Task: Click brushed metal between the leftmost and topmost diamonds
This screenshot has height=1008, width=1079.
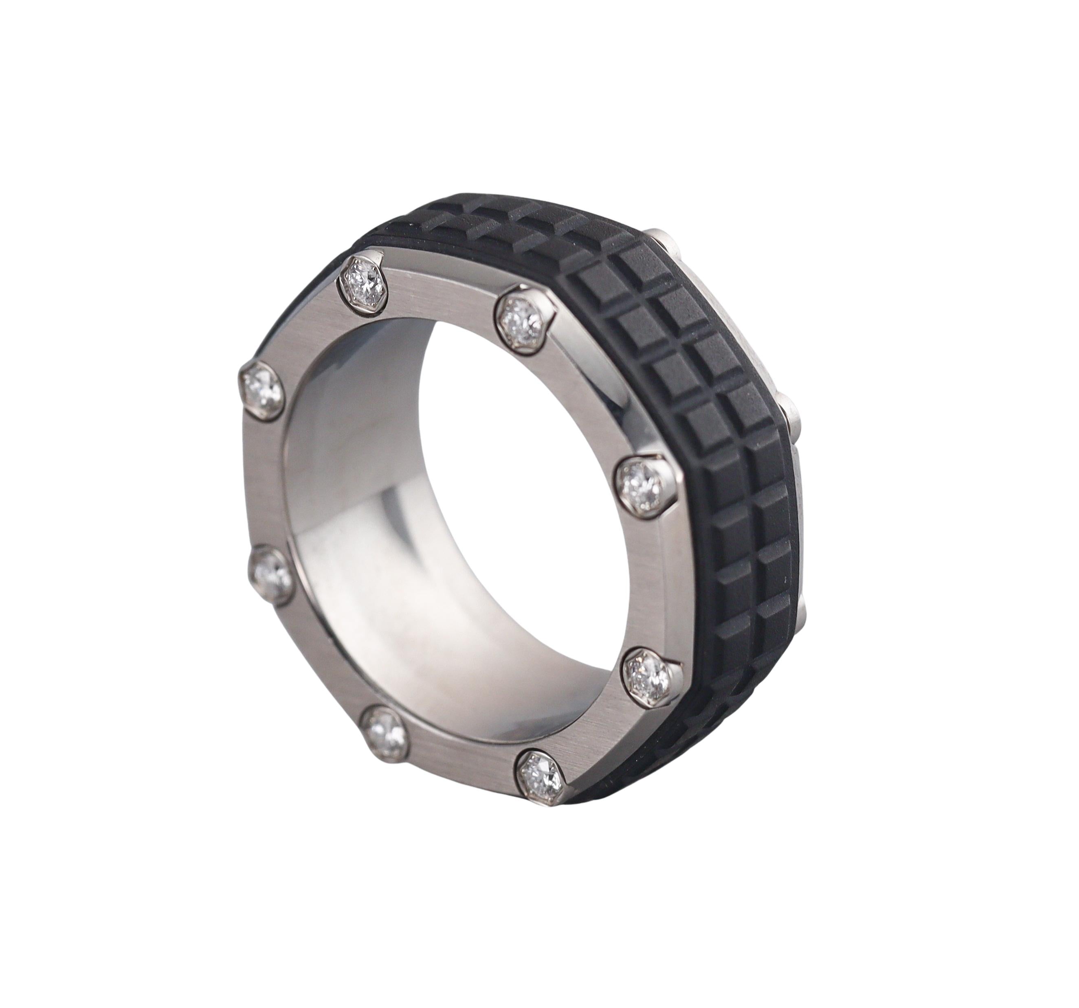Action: point(304,331)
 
